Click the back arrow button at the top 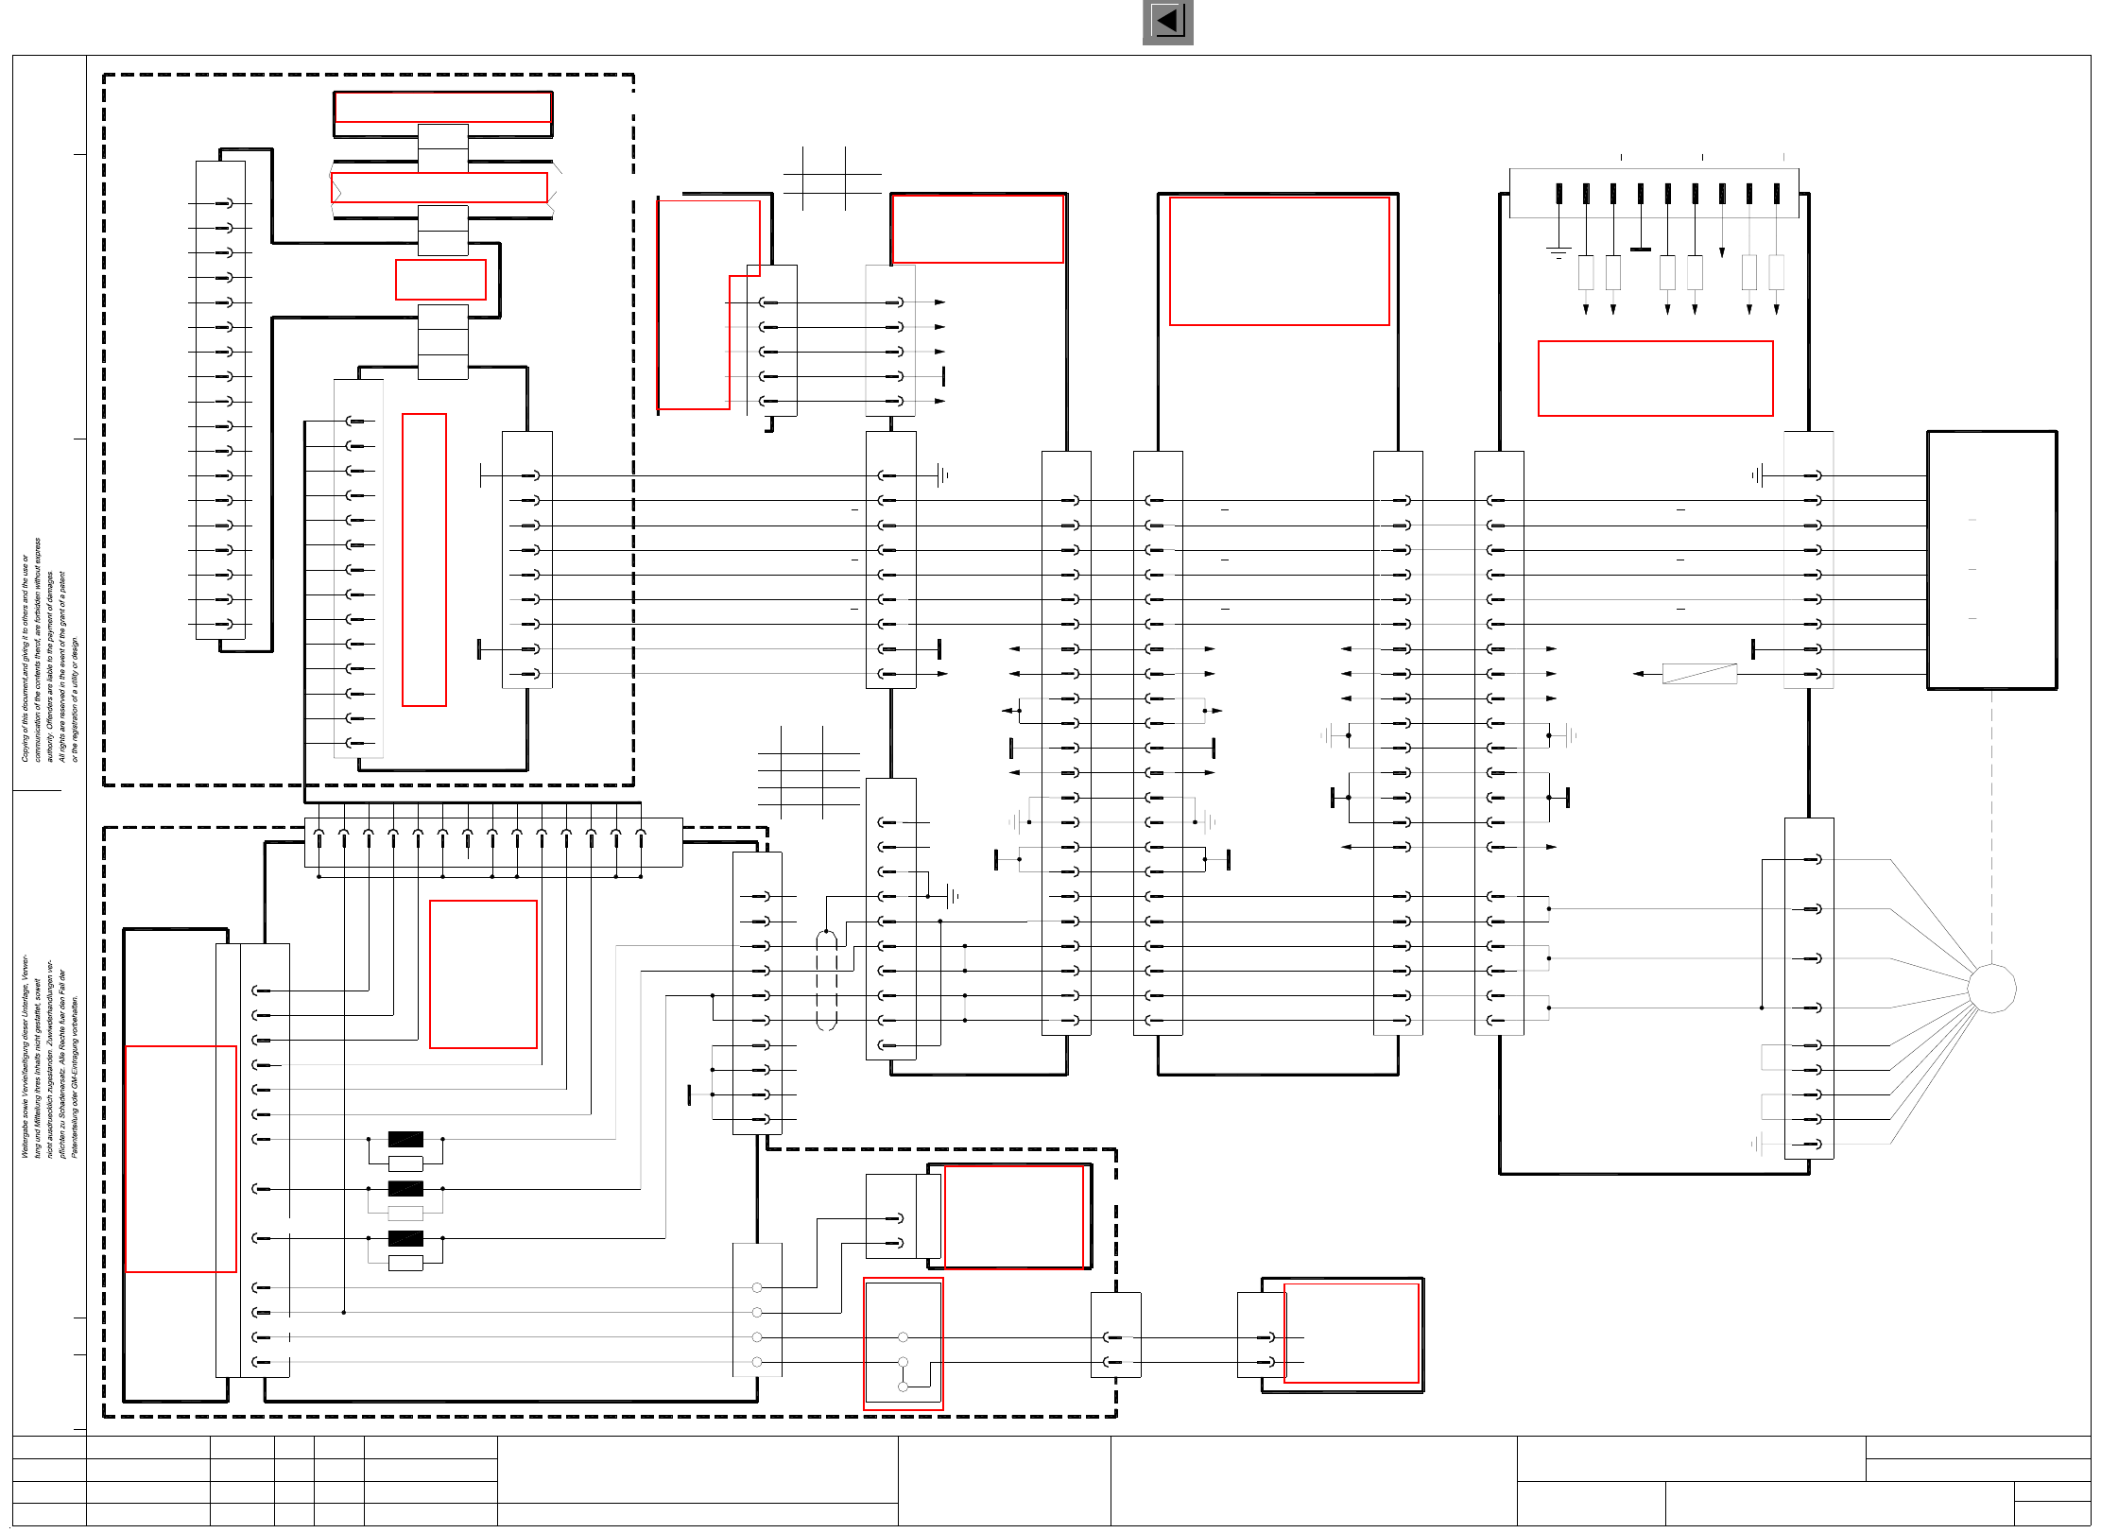1167,22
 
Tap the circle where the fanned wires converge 1991,989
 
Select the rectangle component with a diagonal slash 1699,674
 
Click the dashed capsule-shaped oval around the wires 826,980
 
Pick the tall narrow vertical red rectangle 424,560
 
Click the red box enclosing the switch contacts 903,1343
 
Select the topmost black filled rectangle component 405,1139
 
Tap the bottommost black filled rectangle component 405,1238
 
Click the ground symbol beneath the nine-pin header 1559,252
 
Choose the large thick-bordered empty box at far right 1991,560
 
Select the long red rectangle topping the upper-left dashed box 442,108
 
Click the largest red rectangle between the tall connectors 1279,261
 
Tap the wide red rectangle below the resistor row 1655,378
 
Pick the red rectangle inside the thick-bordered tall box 181,1159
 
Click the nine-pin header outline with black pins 1653,194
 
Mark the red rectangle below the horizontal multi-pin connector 483,974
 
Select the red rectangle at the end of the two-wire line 1352,1333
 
